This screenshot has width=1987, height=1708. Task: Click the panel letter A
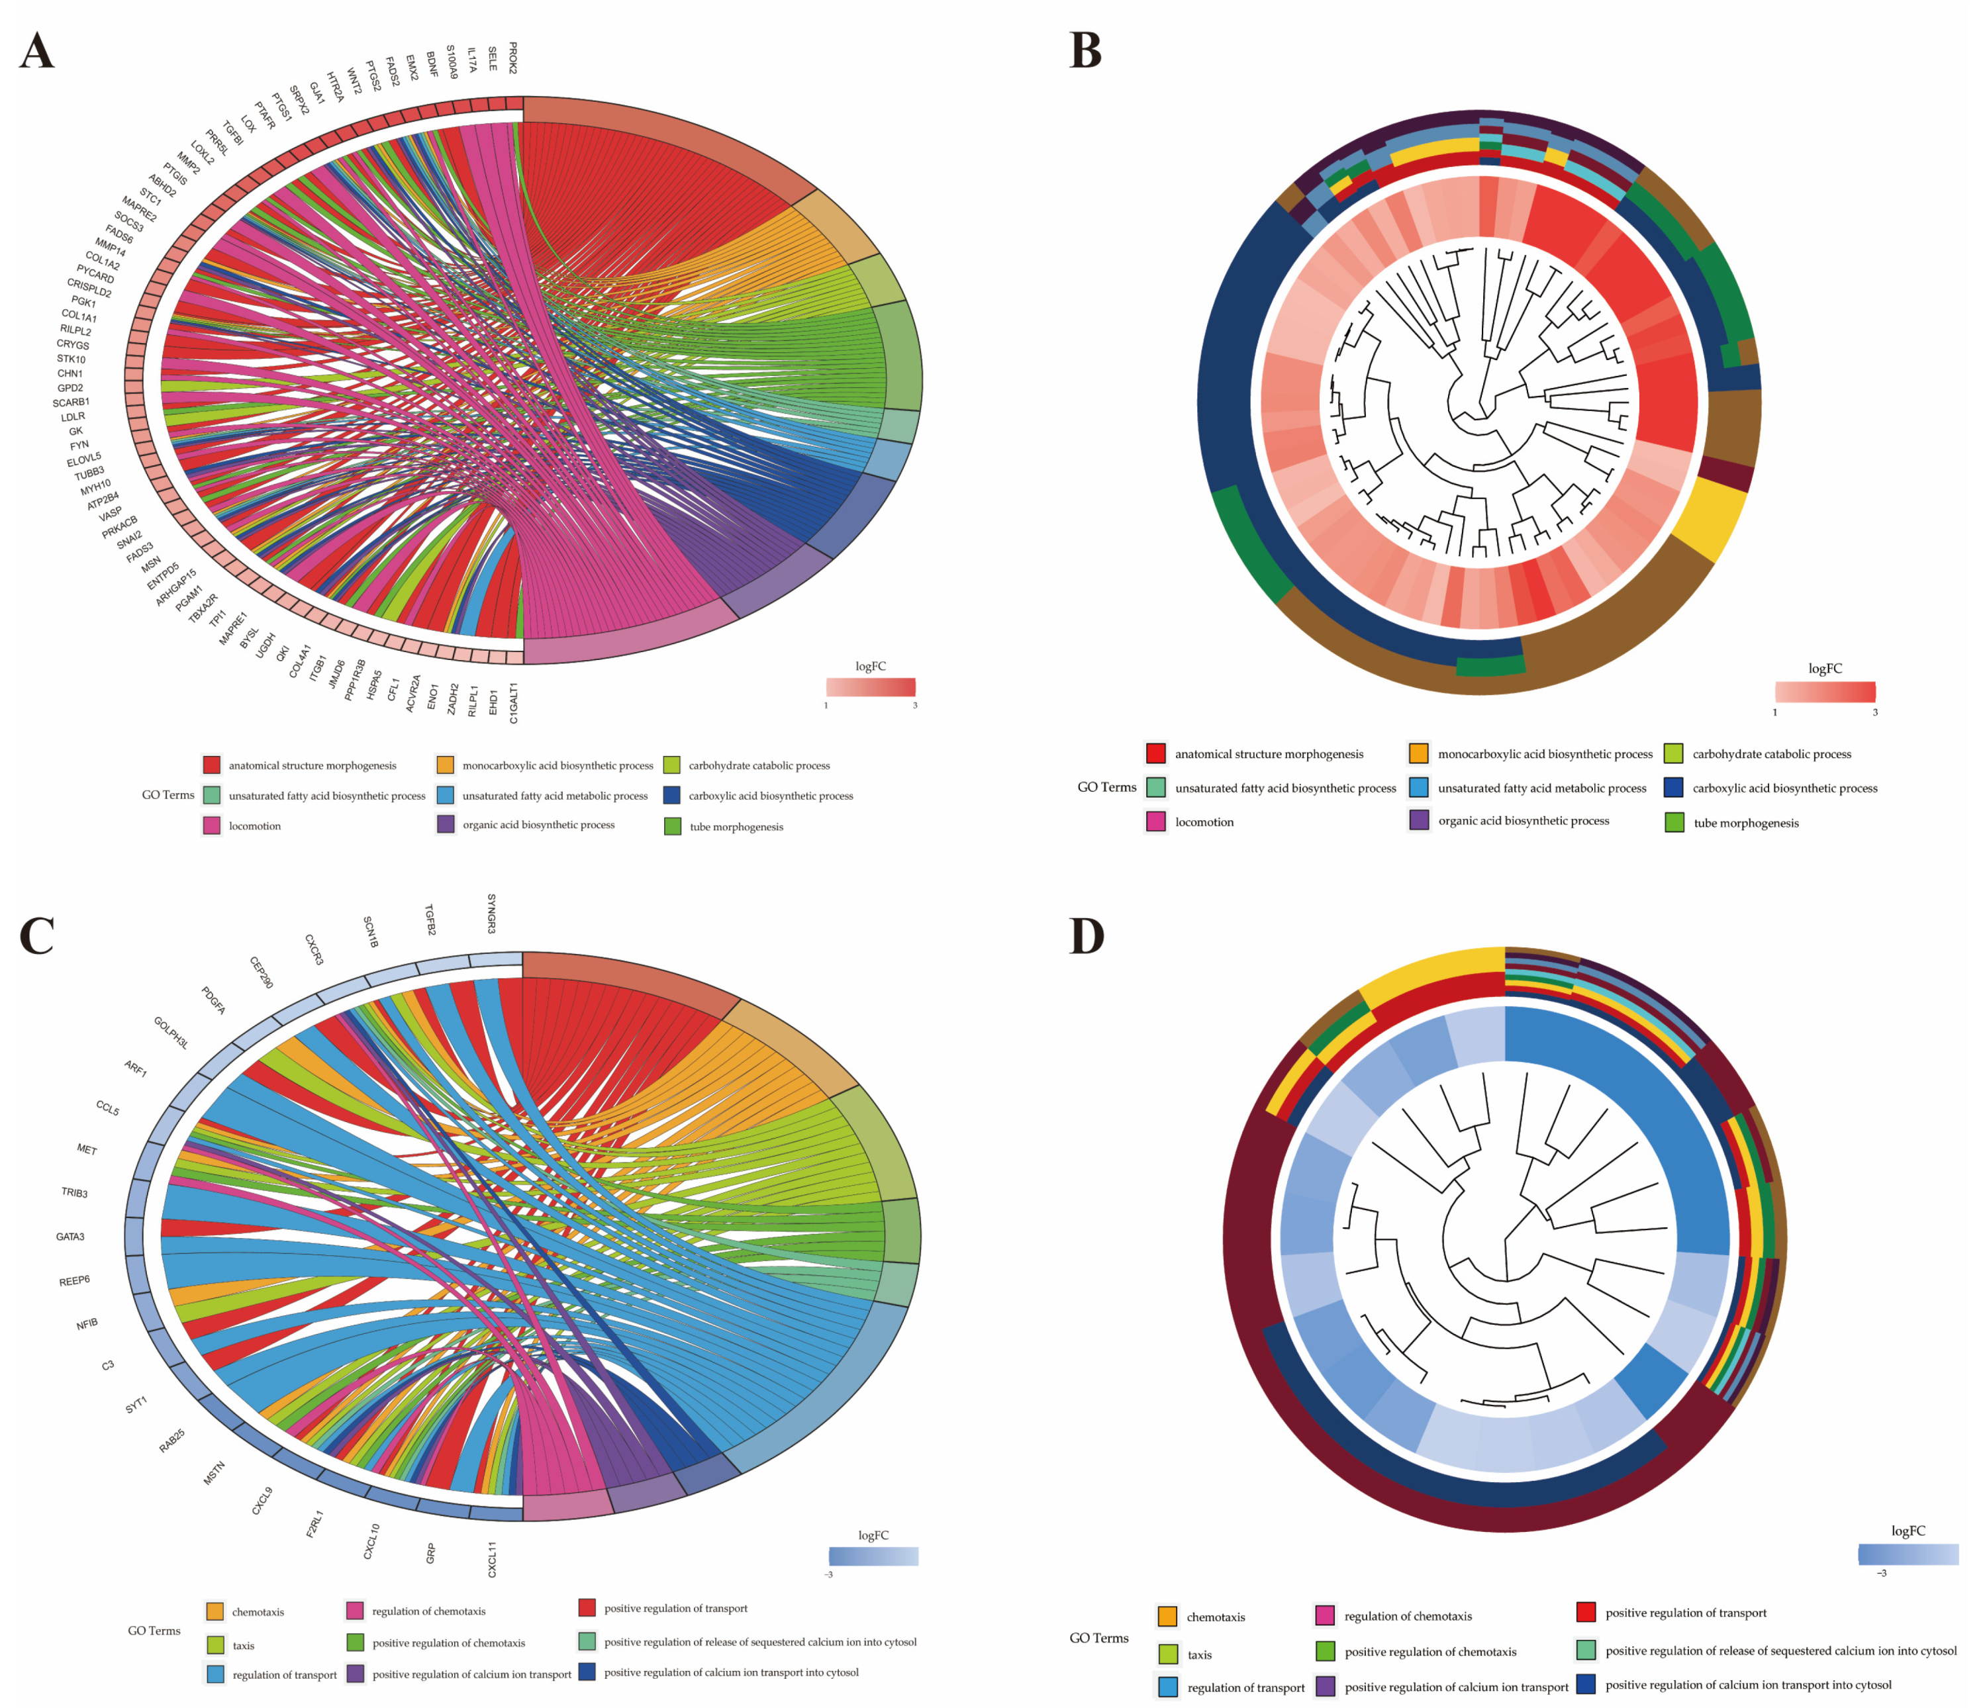[36, 51]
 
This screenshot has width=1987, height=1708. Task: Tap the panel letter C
[36, 936]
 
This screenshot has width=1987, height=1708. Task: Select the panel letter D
[1087, 936]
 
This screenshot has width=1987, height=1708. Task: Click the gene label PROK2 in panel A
[513, 58]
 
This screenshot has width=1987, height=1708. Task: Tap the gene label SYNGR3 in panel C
[491, 913]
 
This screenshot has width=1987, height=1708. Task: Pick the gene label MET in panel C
[86, 1149]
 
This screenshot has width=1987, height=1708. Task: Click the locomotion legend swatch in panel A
[212, 825]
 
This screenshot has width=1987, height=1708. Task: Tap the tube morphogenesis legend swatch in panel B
[1674, 822]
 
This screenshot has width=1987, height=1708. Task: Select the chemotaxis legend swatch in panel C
[215, 1611]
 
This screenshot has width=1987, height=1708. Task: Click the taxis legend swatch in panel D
[1168, 1653]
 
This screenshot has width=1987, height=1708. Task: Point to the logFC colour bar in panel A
[871, 687]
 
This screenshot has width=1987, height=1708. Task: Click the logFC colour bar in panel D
[1908, 1554]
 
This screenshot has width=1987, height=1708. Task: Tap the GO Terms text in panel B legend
[1106, 786]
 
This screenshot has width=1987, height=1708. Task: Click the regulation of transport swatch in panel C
[215, 1674]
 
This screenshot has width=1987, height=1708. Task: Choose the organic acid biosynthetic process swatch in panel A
[446, 824]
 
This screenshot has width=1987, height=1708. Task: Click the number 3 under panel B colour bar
[1875, 712]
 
